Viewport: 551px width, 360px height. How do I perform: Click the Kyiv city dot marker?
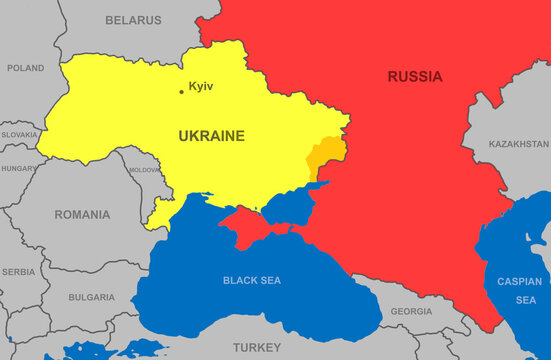pos(181,92)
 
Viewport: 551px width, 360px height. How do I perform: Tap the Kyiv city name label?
pos(201,87)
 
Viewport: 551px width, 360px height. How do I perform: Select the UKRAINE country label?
pos(211,136)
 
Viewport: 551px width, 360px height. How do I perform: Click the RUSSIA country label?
pos(415,77)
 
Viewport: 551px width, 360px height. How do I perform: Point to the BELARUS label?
pos(133,20)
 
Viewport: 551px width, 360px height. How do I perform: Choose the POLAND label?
pos(25,68)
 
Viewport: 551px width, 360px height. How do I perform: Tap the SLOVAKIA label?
pos(19,134)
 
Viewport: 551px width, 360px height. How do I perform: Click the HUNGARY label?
pos(18,169)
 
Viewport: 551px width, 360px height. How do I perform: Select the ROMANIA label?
pos(82,215)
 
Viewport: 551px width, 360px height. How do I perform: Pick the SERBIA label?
pos(18,272)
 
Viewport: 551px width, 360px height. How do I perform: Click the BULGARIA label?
pos(91,298)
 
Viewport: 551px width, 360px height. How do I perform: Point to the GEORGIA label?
pos(411,312)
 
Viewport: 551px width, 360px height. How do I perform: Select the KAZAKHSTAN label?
pos(519,145)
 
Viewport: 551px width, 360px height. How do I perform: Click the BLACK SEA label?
pos(252,281)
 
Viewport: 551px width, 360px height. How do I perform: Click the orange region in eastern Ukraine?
pos(325,158)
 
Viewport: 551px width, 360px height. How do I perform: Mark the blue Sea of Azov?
pos(290,208)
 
